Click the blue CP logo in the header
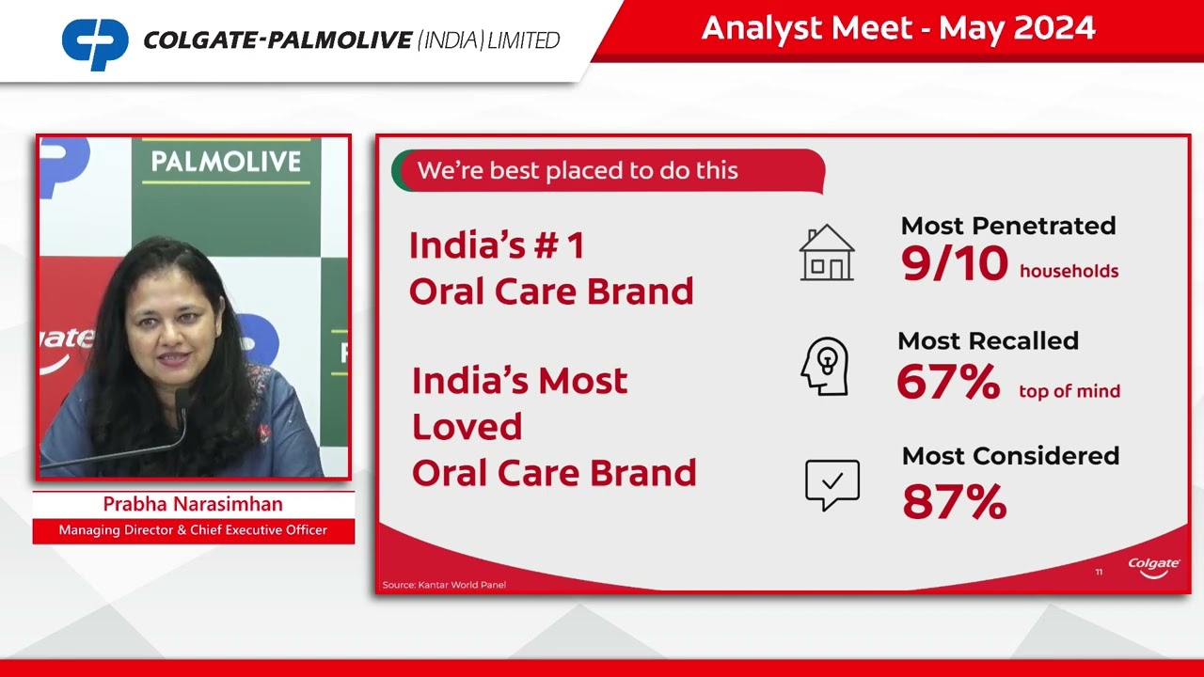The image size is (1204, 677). [x=95, y=43]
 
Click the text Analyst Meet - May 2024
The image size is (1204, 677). [x=897, y=28]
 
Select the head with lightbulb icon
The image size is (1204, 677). [x=825, y=367]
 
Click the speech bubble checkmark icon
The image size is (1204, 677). [x=832, y=484]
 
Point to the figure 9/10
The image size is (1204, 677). [x=954, y=264]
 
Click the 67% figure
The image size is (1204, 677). [x=947, y=382]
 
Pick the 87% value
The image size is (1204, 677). [x=954, y=501]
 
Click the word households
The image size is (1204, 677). [x=1069, y=272]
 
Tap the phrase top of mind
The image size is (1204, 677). [x=1069, y=391]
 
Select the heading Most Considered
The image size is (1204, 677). [x=1010, y=456]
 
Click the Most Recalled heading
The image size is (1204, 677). [x=988, y=340]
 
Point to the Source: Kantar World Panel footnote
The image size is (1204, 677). [x=444, y=585]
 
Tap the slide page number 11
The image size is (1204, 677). [x=1099, y=572]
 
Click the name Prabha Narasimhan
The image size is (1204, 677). [x=193, y=505]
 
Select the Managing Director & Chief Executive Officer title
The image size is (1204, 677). [x=193, y=530]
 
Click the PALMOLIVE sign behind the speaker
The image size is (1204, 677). [x=226, y=162]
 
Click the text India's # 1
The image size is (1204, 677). [x=497, y=246]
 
